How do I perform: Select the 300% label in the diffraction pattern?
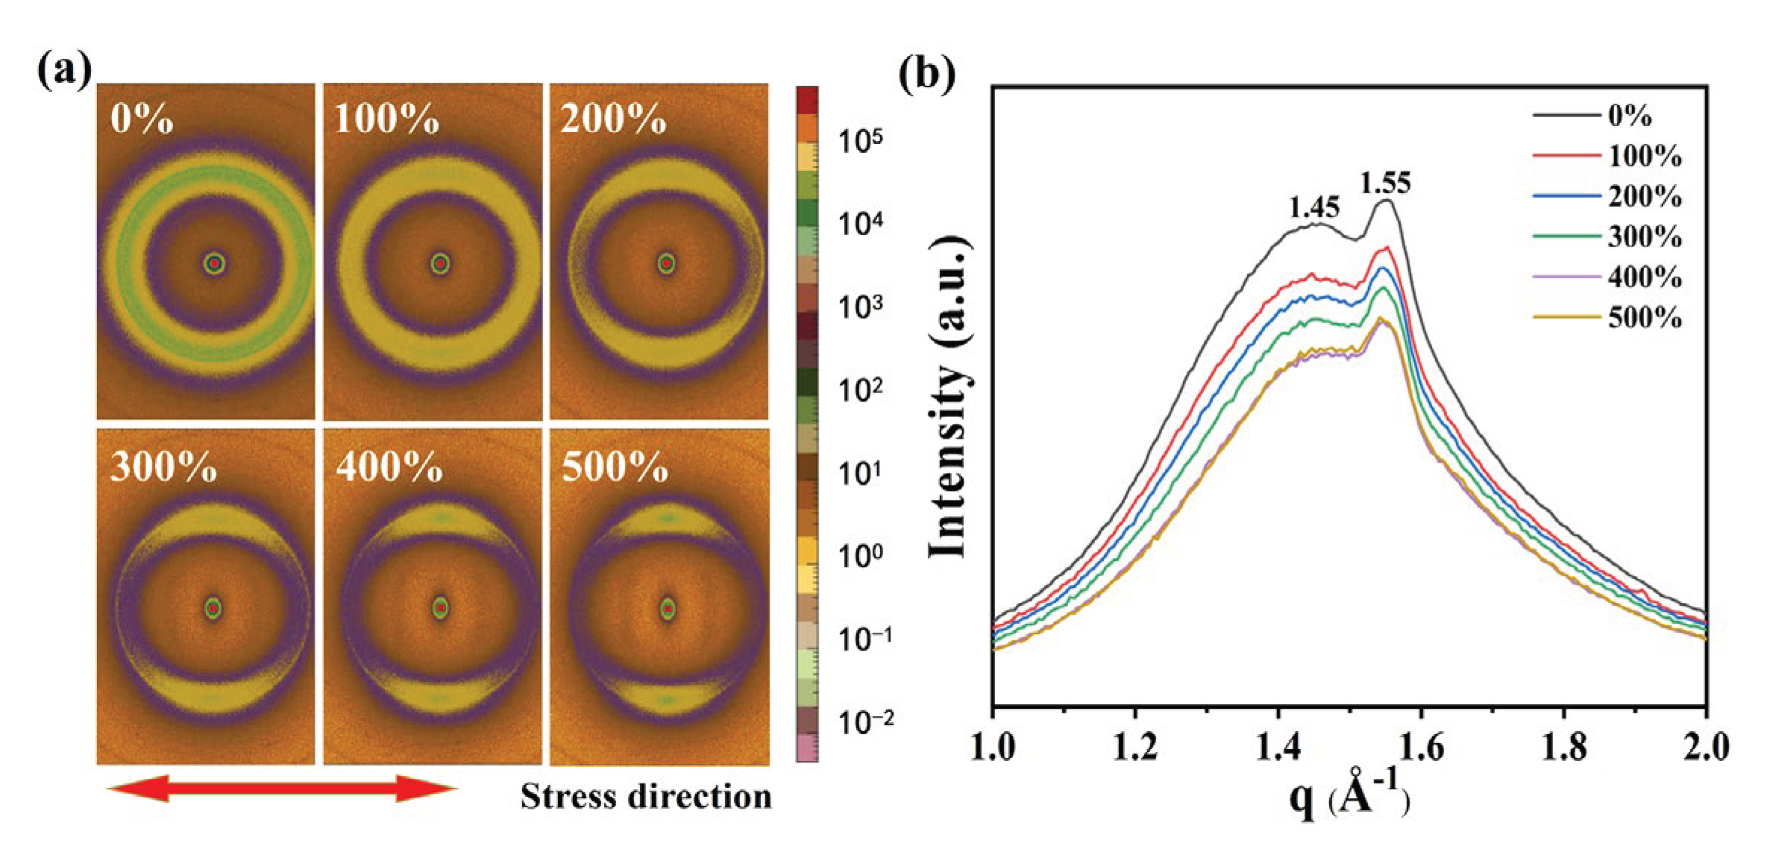pyautogui.click(x=163, y=468)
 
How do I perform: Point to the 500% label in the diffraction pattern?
pyautogui.click(x=615, y=468)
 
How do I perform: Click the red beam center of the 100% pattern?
pyautogui.click(x=441, y=263)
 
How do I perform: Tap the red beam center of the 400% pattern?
pyautogui.click(x=441, y=608)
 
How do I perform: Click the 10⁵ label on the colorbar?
pyautogui.click(x=860, y=140)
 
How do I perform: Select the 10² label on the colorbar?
pyautogui.click(x=860, y=389)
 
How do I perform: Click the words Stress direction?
pyautogui.click(x=646, y=797)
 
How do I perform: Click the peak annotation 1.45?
pyautogui.click(x=1314, y=207)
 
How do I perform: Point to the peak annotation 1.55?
pyautogui.click(x=1385, y=183)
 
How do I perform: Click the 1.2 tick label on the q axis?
pyautogui.click(x=1135, y=747)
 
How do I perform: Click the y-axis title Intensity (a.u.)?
pyautogui.click(x=949, y=397)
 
